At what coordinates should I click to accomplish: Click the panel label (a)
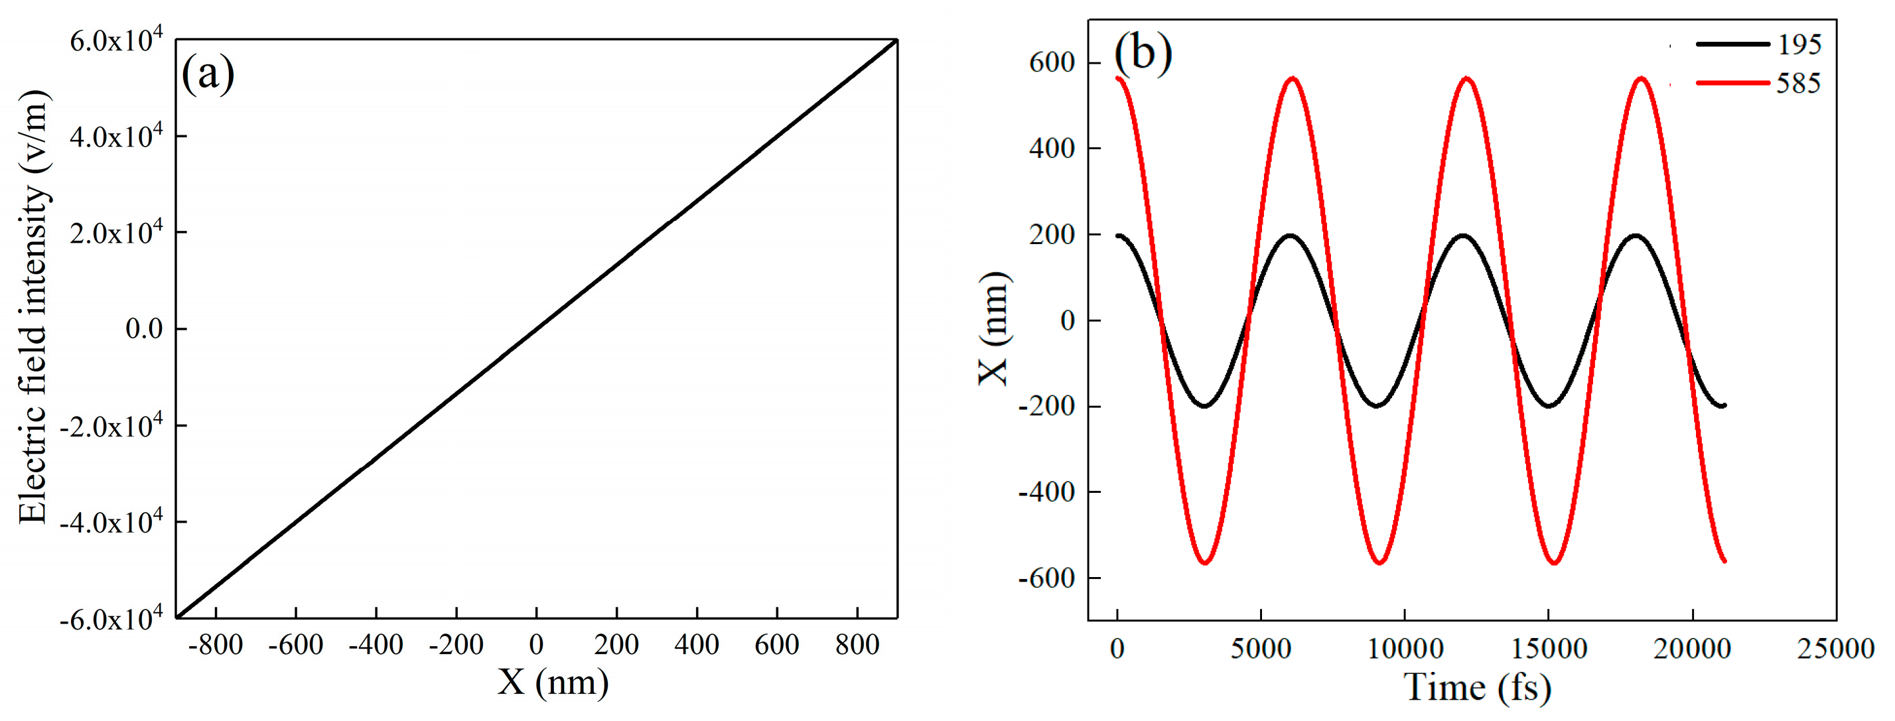click(208, 74)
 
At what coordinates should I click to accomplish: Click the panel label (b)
click(1143, 53)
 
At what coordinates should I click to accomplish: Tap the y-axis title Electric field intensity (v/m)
click(33, 307)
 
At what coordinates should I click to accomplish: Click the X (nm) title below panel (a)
click(553, 682)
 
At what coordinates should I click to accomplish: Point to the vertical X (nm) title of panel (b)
click(995, 328)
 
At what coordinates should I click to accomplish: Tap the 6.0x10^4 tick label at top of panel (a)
click(115, 40)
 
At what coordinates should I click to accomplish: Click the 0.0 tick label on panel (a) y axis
click(144, 328)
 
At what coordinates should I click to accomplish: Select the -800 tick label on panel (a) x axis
click(216, 645)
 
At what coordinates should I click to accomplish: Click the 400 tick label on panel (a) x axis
click(696, 645)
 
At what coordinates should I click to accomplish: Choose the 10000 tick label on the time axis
click(1405, 649)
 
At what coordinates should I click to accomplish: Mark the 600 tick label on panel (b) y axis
click(1052, 62)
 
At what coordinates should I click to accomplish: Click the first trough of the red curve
click(1204, 563)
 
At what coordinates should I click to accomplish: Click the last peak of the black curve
click(1636, 235)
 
